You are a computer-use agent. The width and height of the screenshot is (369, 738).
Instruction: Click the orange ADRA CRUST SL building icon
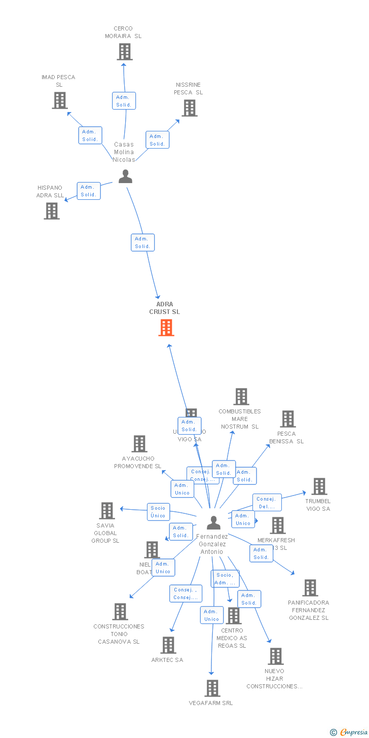pyautogui.click(x=166, y=328)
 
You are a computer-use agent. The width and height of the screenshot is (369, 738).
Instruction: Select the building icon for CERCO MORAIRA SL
pyautogui.click(x=125, y=52)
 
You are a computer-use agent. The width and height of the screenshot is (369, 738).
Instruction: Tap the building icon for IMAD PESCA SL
pyautogui.click(x=60, y=100)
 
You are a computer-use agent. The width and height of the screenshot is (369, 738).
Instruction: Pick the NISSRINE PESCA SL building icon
pyautogui.click(x=190, y=108)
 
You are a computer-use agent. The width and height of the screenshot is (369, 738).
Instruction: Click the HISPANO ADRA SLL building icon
pyautogui.click(x=52, y=211)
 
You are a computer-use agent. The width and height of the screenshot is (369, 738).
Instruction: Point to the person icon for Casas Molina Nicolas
pyautogui.click(x=125, y=177)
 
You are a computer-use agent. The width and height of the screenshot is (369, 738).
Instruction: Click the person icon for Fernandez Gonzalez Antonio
pyautogui.click(x=214, y=522)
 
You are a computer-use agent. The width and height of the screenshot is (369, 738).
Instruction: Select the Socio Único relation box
pyautogui.click(x=158, y=512)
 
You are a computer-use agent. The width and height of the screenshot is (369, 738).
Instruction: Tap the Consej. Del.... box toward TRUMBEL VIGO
pyautogui.click(x=267, y=503)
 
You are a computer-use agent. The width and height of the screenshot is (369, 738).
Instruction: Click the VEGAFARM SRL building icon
pyautogui.click(x=212, y=688)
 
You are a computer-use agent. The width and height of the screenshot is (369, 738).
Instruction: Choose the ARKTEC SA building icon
pyautogui.click(x=168, y=645)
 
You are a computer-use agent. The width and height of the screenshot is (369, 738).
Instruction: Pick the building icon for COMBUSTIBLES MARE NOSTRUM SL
pyautogui.click(x=241, y=397)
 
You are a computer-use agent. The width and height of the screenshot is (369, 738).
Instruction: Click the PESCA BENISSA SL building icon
pyautogui.click(x=288, y=419)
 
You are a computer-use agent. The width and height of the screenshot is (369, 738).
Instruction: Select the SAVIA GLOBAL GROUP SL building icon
pyautogui.click(x=107, y=511)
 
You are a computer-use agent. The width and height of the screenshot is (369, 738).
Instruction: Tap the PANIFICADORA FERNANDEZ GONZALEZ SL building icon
pyautogui.click(x=310, y=588)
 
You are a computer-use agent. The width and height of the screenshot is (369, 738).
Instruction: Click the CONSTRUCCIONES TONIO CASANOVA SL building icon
pyautogui.click(x=120, y=612)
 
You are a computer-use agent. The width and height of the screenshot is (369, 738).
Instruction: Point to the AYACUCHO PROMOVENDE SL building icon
pyautogui.click(x=139, y=444)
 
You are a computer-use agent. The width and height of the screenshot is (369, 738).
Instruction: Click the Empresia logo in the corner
pyautogui.click(x=350, y=732)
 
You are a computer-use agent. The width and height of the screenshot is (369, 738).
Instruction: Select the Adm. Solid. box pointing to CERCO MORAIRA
pyautogui.click(x=124, y=101)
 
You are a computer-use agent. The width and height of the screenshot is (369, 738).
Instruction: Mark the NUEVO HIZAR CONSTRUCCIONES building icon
pyautogui.click(x=276, y=656)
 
